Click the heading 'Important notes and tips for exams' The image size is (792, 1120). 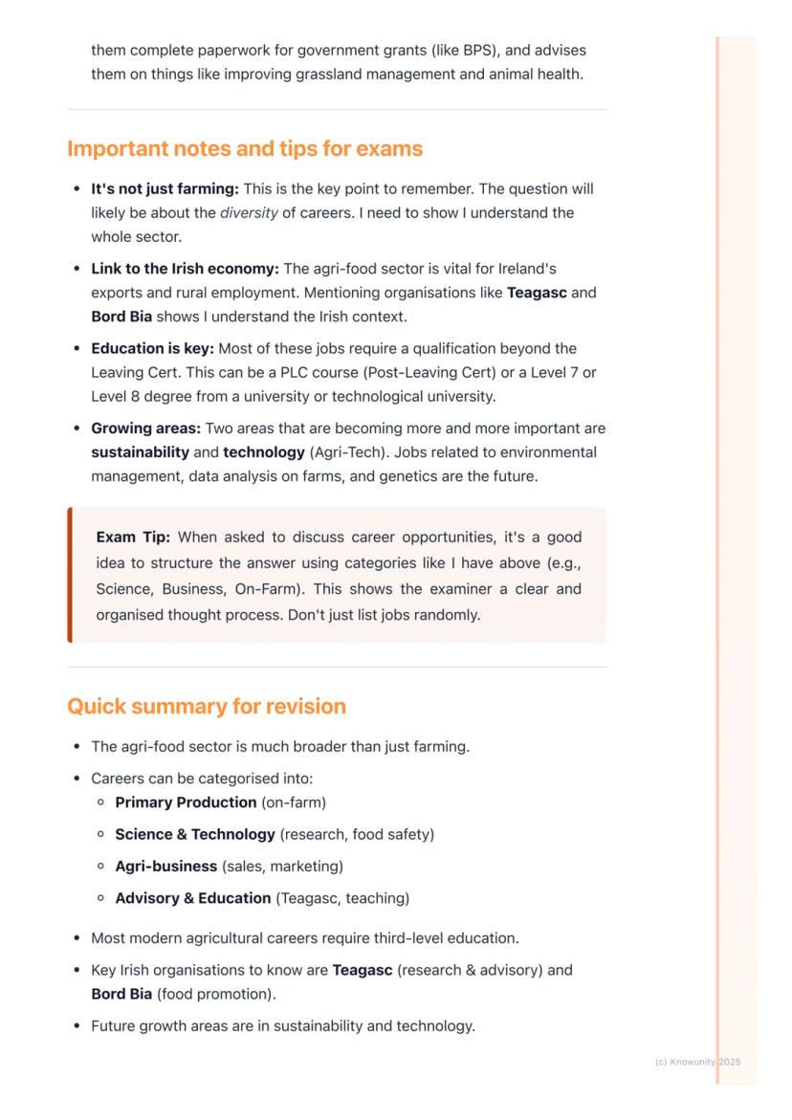pos(245,149)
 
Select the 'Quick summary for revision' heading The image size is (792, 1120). pos(207,707)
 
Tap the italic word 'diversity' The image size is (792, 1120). pos(249,212)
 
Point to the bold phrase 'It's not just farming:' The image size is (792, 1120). pos(165,188)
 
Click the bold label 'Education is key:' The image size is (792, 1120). pos(152,348)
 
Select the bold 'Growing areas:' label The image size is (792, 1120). pos(145,428)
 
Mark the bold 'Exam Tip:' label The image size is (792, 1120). pos(133,538)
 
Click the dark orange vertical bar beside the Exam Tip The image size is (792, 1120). pos(70,575)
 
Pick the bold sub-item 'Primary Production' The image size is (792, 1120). pos(186,802)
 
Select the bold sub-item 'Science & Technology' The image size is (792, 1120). pos(195,834)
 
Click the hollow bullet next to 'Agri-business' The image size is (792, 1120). pos(100,867)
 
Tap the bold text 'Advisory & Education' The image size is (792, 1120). pos(192,898)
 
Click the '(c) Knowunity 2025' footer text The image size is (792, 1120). pos(698,1062)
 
